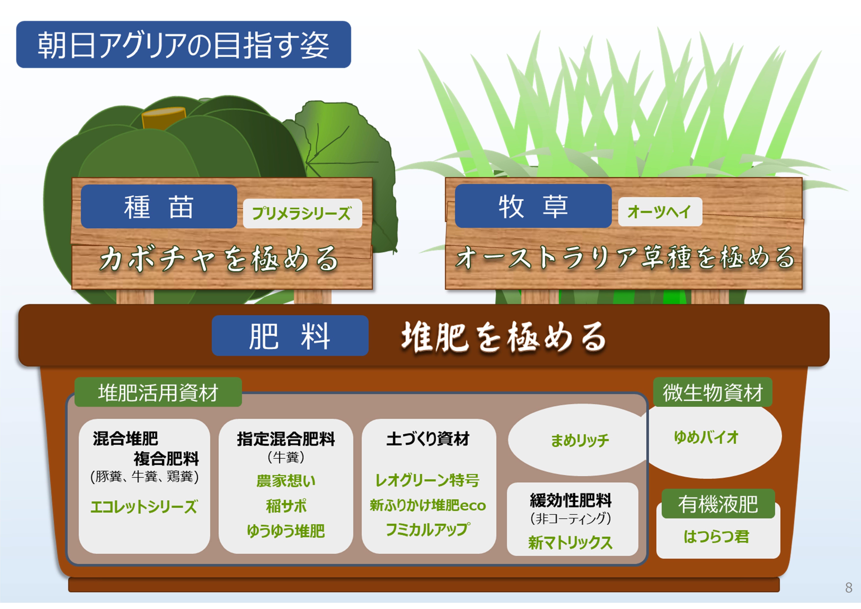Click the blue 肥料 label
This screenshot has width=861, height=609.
tap(290, 335)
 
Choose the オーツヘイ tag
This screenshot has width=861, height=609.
tap(660, 212)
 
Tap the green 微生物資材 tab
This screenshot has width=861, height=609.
tap(712, 392)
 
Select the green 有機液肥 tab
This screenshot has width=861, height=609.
tap(718, 504)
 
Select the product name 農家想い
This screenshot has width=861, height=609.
tap(286, 481)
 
